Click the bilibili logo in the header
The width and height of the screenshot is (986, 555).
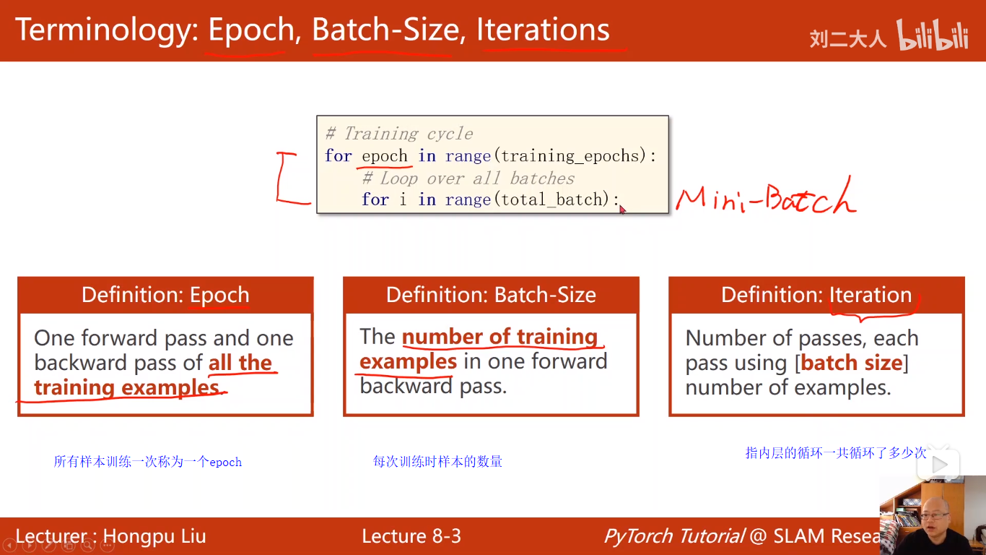pos(932,35)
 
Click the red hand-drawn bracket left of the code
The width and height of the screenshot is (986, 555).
pos(289,178)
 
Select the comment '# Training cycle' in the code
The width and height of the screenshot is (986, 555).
pos(399,134)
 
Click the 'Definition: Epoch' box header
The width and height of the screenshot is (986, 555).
pos(165,295)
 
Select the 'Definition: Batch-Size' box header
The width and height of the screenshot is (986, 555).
pos(491,295)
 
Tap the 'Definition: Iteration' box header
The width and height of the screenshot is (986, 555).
pos(816,295)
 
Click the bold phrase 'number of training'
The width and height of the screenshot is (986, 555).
pos(499,337)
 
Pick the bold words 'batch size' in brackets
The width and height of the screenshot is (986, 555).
pos(852,363)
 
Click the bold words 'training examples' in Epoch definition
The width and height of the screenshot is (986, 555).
pos(126,388)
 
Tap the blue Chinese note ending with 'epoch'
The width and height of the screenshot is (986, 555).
pos(147,462)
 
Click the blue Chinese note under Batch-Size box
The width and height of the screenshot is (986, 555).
pos(437,461)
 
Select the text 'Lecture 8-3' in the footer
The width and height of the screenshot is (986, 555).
pos(411,536)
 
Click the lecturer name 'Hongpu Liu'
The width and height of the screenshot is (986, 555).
pos(154,536)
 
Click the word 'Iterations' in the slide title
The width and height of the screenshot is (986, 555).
pos(543,30)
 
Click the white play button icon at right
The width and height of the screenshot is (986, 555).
pos(939,465)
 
